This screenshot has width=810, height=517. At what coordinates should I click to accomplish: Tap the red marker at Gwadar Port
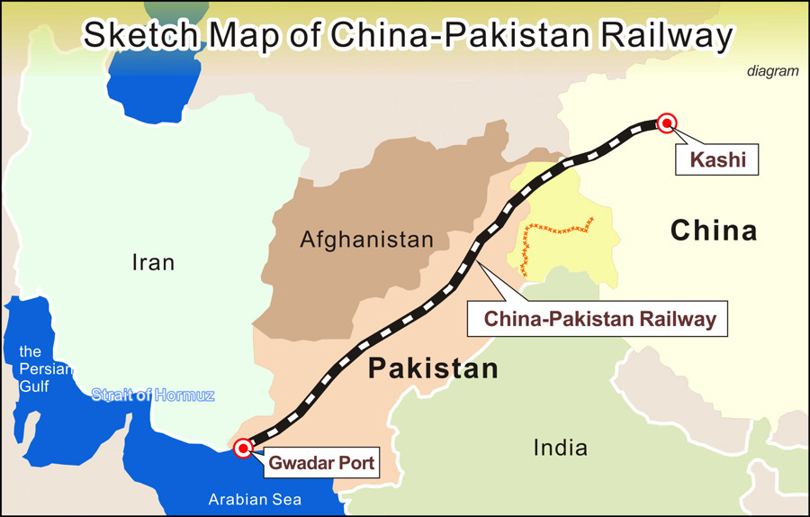pos(243,448)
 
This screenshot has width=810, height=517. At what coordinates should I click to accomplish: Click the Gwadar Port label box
pos(320,465)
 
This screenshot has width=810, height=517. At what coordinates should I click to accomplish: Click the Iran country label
pos(153,263)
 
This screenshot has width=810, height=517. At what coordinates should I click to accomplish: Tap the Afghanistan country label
pos(366,240)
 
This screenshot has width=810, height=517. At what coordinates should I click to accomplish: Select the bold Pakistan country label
pos(433,368)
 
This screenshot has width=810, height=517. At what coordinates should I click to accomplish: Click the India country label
pos(560,448)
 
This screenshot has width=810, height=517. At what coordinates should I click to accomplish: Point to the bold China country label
pos(714,231)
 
